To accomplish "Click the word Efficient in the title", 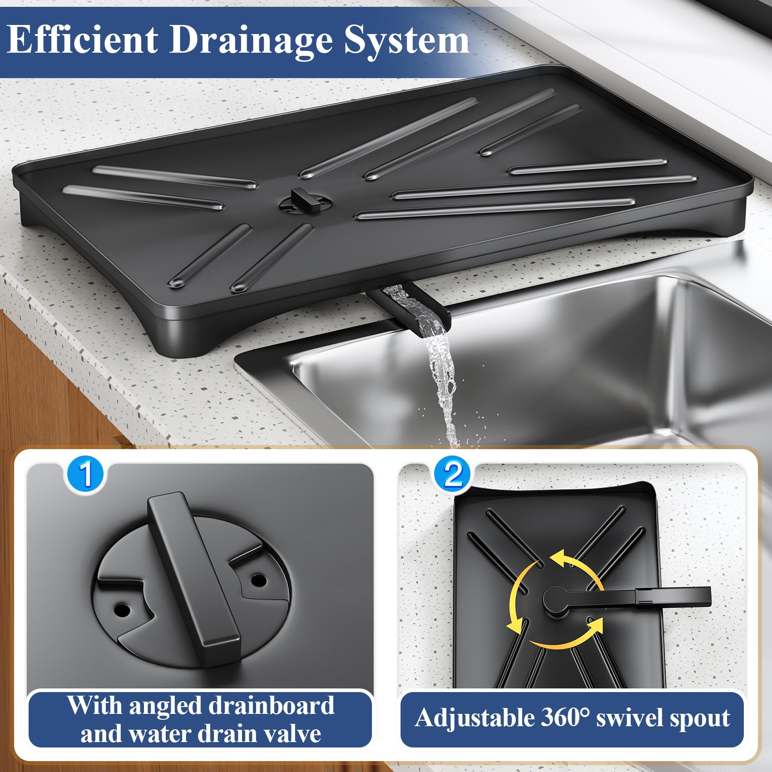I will click(83, 40).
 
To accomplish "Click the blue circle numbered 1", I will click(86, 475).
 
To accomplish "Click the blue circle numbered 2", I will click(453, 475).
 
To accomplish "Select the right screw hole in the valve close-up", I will click(259, 580).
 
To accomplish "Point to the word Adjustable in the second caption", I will click(475, 718).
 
